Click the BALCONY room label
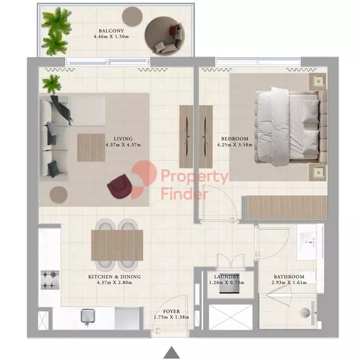(x=111, y=31)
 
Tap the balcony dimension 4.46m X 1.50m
(x=111, y=37)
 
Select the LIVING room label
(x=124, y=138)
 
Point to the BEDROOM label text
(x=235, y=138)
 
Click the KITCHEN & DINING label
(x=115, y=277)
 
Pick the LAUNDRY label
(x=227, y=277)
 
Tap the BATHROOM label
(x=289, y=277)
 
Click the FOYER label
(x=171, y=312)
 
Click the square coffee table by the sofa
(x=91, y=148)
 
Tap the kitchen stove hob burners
(x=50, y=280)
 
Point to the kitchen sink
(x=88, y=317)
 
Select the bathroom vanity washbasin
(x=307, y=242)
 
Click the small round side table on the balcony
(x=132, y=16)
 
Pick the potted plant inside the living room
(x=52, y=84)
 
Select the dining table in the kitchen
(x=117, y=245)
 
